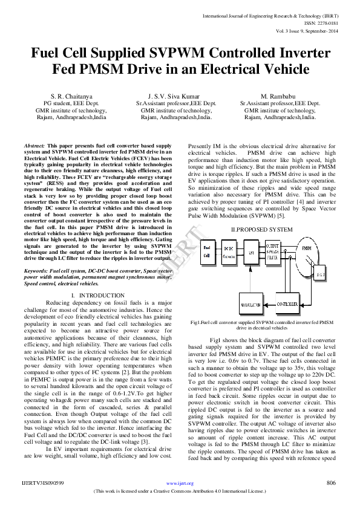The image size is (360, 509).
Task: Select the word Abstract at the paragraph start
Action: tap(34, 146)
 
